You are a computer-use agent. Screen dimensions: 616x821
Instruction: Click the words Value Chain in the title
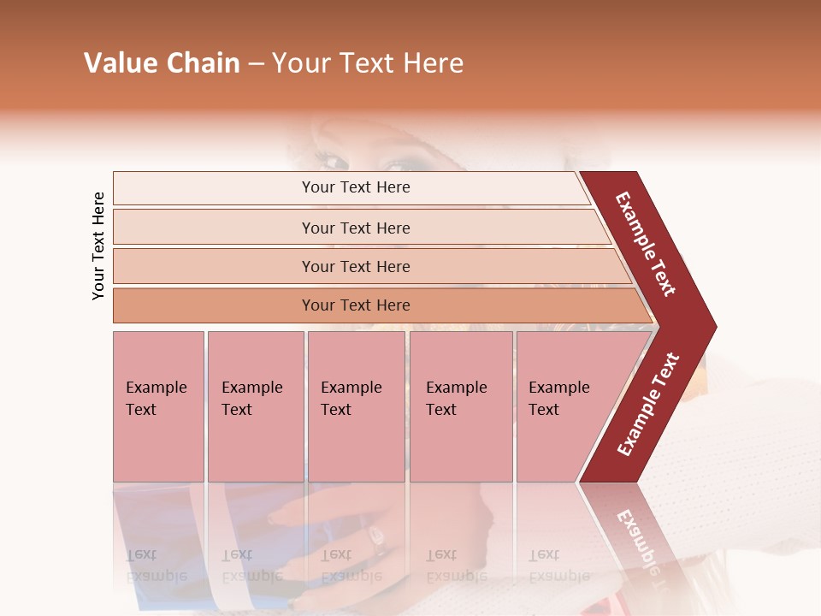pyautogui.click(x=162, y=63)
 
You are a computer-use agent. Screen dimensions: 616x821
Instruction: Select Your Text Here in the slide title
pyautogui.click(x=368, y=63)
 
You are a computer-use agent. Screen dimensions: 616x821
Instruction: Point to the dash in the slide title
pyautogui.click(x=256, y=64)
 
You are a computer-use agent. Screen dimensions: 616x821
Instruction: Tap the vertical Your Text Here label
pyautogui.click(x=98, y=246)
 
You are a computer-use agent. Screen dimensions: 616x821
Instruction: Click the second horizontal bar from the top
pyautogui.click(x=356, y=228)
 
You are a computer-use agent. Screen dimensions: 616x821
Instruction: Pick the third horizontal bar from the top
pyautogui.click(x=356, y=266)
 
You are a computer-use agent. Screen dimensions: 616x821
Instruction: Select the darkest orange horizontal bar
pyautogui.click(x=356, y=305)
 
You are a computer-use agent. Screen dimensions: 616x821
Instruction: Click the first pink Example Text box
pyautogui.click(x=158, y=406)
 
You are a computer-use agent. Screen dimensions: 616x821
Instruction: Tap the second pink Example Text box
pyautogui.click(x=255, y=406)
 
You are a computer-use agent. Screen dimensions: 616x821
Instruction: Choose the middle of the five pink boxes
pyautogui.click(x=356, y=406)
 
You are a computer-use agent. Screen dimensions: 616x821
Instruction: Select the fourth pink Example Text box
pyautogui.click(x=461, y=406)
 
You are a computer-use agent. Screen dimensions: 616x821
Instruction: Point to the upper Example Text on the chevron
pyautogui.click(x=646, y=244)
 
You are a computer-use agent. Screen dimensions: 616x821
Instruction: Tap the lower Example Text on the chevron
pyautogui.click(x=648, y=404)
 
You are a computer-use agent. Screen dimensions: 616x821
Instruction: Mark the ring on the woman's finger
pyautogui.click(x=374, y=537)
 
